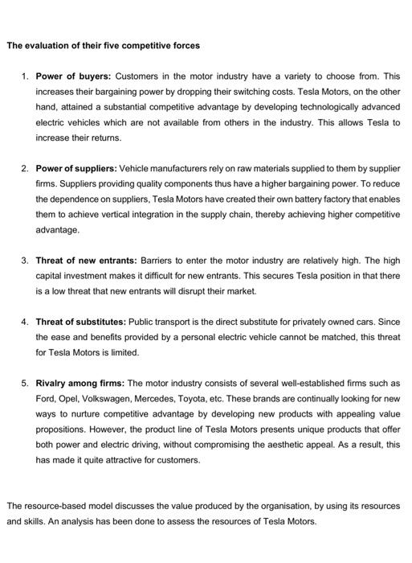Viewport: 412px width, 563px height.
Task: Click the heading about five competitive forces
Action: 103,45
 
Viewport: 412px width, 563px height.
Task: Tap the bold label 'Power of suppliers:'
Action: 77,169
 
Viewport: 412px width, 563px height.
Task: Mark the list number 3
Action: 25,261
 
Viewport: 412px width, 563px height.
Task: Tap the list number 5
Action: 25,384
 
